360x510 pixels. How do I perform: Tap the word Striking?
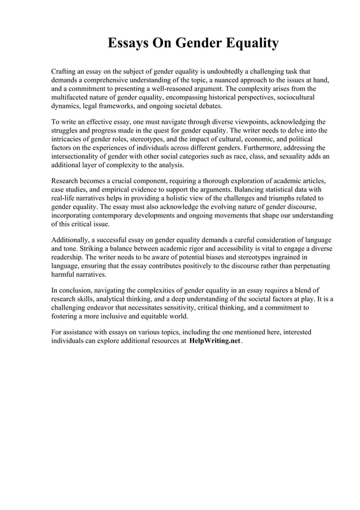pos(86,249)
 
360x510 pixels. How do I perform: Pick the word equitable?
pos(161,317)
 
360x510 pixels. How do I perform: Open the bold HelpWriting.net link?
pos(214,343)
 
